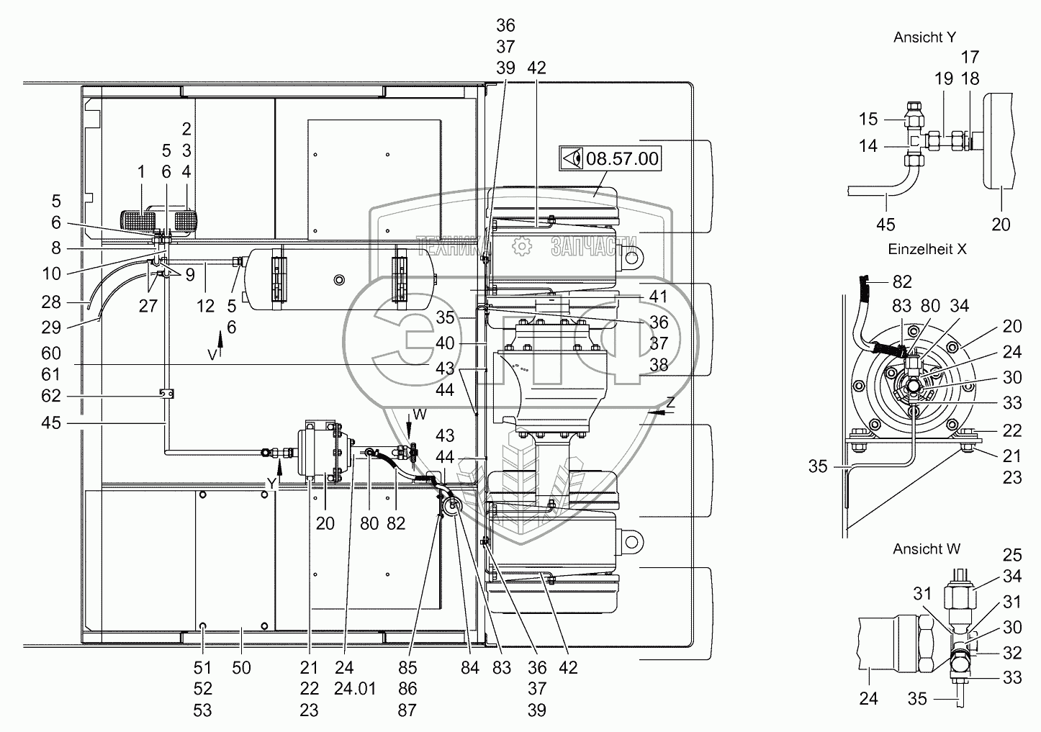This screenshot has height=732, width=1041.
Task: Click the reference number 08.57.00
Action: [x=622, y=158]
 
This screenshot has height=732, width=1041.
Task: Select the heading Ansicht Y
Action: [x=924, y=37]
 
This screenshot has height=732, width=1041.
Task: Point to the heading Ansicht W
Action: [x=927, y=548]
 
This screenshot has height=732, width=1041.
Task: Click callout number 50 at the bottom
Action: [x=242, y=669]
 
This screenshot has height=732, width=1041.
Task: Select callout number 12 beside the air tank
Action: [x=206, y=306]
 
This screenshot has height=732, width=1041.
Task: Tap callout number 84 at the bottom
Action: [x=469, y=669]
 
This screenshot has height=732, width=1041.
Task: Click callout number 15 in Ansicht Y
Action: [x=869, y=119]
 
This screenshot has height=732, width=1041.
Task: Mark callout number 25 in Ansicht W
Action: [x=1012, y=555]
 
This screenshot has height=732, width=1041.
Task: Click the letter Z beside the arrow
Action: [x=670, y=403]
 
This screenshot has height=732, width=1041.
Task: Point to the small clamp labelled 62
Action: [x=165, y=394]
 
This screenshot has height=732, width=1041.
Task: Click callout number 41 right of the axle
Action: [x=658, y=297]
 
